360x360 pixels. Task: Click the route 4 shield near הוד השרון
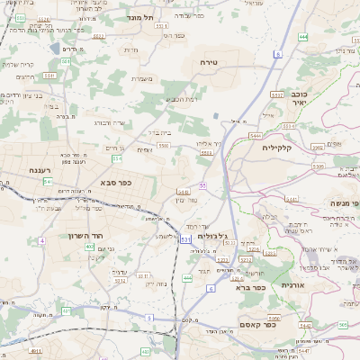point(42,241)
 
